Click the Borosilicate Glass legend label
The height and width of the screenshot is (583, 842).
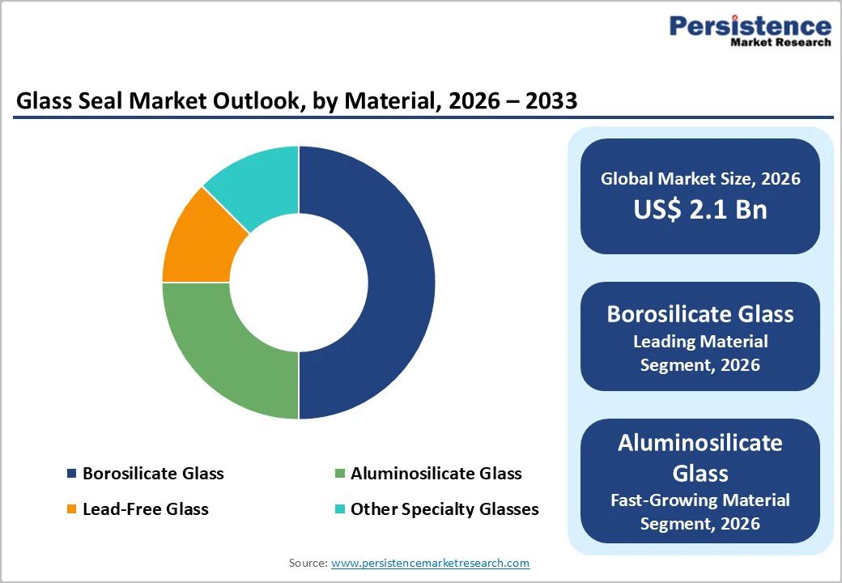pos(153,474)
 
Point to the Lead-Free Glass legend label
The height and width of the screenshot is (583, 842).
pos(145,509)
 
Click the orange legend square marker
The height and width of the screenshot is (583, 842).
pos(71,509)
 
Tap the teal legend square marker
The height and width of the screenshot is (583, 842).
pos(339,509)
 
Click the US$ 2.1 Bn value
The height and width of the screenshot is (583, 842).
pos(700,210)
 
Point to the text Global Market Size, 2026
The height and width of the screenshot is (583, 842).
pos(700,179)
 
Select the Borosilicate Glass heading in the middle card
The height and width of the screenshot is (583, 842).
pos(700,314)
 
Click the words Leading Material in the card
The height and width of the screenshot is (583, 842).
pos(700,341)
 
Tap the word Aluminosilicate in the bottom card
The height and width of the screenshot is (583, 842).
pos(700,443)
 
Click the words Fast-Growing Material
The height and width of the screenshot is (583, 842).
pos(700,500)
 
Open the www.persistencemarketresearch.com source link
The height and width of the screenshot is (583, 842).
pos(430,563)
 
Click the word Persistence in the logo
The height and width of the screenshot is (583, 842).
pos(750,26)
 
